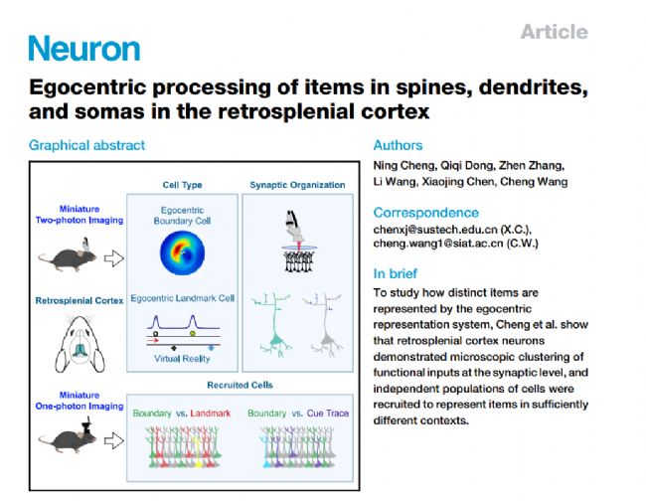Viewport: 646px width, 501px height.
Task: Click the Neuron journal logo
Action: click(83, 48)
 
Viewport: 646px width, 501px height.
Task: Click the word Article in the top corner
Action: click(554, 32)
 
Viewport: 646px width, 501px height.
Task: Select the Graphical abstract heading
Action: click(86, 145)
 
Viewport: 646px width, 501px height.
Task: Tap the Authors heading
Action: click(398, 145)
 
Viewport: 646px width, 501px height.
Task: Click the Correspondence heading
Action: click(425, 213)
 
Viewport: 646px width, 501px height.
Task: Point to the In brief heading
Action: click(396, 273)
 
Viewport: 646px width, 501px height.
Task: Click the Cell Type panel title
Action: click(183, 184)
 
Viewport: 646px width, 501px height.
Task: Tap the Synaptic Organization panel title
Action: click(297, 184)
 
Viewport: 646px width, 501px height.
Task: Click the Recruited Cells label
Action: click(239, 383)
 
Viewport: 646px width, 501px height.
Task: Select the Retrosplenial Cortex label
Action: click(80, 297)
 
